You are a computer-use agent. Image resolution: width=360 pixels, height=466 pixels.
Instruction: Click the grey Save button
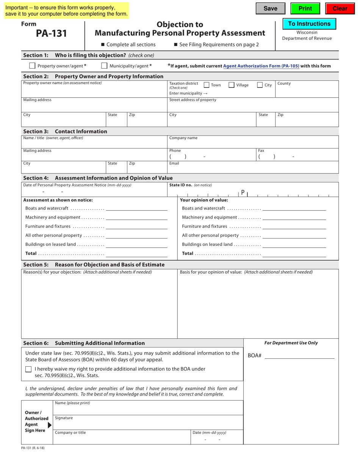tap(270, 9)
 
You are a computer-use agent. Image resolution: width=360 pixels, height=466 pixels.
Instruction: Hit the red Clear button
tap(340, 9)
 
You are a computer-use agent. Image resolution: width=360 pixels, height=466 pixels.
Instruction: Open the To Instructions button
tap(309, 24)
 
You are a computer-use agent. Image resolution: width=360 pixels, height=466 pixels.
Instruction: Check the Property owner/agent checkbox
tap(33, 66)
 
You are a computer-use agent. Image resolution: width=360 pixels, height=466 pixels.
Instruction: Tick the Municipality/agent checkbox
tap(104, 66)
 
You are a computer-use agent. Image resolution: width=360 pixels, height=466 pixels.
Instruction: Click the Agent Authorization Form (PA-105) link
tap(261, 66)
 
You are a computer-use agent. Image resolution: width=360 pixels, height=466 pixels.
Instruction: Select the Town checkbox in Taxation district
tap(207, 85)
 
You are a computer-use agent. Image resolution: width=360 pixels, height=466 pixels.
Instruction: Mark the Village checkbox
tap(232, 85)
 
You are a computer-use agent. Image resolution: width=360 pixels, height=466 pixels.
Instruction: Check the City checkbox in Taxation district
tap(260, 85)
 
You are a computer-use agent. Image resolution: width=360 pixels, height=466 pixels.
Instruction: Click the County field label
tap(284, 83)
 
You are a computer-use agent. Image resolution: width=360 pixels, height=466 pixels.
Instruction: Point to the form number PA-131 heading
tap(51, 34)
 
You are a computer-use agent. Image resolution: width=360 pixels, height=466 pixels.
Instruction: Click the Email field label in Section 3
tap(174, 163)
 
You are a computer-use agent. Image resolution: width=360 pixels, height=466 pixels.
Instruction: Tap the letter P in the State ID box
tap(243, 192)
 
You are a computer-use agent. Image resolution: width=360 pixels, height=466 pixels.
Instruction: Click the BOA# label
tap(255, 356)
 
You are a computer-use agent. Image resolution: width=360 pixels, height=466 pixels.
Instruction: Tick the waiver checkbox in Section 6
tap(28, 369)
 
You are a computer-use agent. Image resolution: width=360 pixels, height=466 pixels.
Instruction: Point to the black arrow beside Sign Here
tap(50, 425)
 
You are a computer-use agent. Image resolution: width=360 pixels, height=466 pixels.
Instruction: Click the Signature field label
tap(64, 418)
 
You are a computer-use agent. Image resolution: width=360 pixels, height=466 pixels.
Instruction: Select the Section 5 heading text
tap(94, 264)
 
